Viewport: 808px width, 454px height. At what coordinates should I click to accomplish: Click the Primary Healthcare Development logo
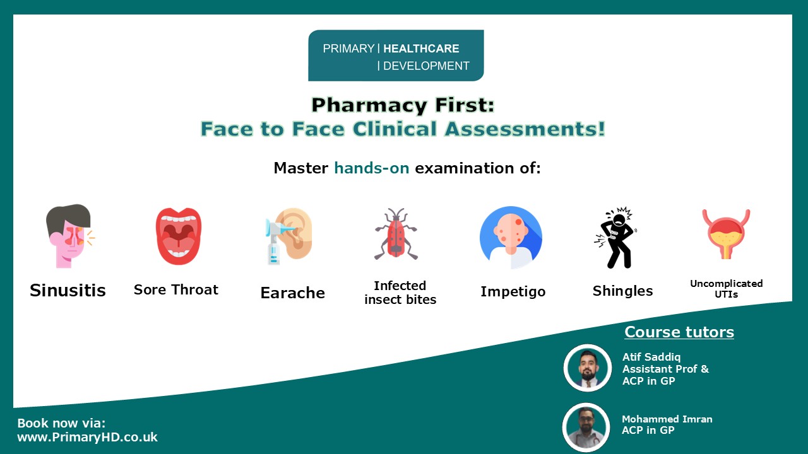(x=396, y=55)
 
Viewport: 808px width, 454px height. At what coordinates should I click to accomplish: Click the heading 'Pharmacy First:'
(x=403, y=105)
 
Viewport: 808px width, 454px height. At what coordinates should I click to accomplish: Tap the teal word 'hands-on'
(x=372, y=168)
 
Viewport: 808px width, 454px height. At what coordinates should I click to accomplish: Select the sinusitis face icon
(x=70, y=236)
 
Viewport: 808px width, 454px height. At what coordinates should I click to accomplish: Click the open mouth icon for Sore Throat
(x=179, y=236)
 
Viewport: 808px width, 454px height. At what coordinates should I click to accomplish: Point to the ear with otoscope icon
(x=289, y=236)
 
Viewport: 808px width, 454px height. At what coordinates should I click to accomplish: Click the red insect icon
(x=396, y=234)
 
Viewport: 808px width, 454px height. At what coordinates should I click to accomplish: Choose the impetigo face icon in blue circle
(x=511, y=238)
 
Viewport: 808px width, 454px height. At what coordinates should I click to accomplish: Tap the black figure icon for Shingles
(x=615, y=238)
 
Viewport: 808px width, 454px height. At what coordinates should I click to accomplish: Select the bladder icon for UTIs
(x=726, y=234)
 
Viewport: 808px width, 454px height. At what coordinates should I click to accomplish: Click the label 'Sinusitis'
(x=68, y=291)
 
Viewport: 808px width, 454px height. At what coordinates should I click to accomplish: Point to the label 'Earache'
(x=292, y=293)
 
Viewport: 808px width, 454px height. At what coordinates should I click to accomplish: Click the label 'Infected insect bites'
(x=400, y=293)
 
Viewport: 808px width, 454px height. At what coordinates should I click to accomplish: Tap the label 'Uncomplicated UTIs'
(x=726, y=289)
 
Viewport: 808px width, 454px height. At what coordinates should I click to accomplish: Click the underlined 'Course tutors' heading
(x=679, y=332)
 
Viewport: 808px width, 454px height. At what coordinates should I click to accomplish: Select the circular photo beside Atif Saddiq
(x=588, y=368)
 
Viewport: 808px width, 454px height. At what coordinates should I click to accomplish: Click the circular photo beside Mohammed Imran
(x=586, y=428)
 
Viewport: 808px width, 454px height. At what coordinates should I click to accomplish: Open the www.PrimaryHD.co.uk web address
(x=87, y=437)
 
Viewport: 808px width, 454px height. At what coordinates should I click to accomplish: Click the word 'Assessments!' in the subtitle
(x=525, y=129)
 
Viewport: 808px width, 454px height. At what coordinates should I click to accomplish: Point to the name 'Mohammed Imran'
(x=667, y=419)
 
